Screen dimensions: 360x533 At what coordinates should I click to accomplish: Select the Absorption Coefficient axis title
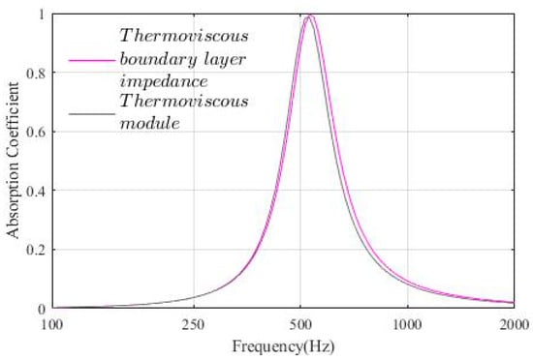[x=14, y=162]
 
